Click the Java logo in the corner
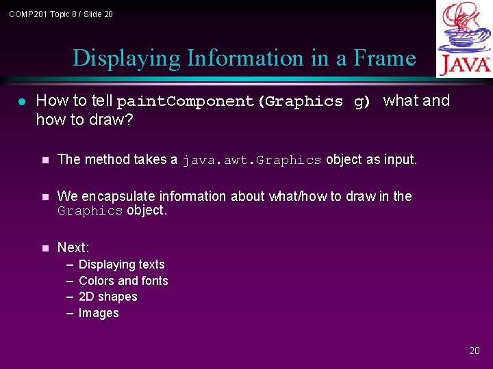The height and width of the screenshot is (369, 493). [464, 38]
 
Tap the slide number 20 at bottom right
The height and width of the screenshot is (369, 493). [475, 351]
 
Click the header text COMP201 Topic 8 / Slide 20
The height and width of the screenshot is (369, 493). [61, 14]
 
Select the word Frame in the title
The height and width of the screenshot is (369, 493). [385, 58]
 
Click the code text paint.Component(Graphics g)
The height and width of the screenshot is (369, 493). [243, 102]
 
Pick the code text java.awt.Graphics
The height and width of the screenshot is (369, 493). [251, 161]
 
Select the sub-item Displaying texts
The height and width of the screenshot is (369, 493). [122, 264]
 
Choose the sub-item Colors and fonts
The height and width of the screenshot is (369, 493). [123, 281]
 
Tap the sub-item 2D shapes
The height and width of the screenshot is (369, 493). [108, 297]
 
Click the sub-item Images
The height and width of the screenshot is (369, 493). [99, 313]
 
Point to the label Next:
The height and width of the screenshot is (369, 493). [73, 247]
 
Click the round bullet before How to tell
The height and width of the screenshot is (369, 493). [21, 102]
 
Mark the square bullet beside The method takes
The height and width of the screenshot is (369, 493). [45, 160]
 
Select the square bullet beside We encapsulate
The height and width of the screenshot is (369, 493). [45, 197]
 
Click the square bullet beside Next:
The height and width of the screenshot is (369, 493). [45, 247]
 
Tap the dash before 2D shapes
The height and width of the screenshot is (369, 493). [70, 297]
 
